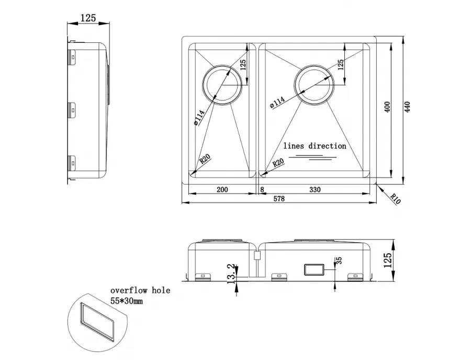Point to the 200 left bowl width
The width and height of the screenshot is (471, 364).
pos(222,189)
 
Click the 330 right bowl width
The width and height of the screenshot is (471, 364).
pos(315,189)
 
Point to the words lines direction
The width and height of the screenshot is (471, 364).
pos(315,146)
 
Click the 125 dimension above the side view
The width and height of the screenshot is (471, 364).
pos(88,18)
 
